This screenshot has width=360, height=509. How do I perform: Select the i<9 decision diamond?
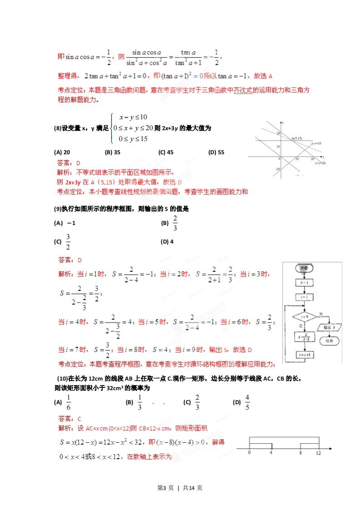pos(304,316)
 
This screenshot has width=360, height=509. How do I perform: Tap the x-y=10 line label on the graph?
pos(316,144)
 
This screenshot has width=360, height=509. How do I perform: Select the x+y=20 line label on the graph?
pos(321,162)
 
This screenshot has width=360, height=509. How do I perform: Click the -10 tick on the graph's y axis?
pos(278,169)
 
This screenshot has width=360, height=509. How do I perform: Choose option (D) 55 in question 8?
pos(216,152)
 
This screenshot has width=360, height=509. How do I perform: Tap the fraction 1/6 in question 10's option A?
pos(69,402)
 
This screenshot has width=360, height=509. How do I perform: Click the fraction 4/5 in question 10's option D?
pos(247,402)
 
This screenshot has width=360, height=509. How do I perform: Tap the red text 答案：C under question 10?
pos(70,419)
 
